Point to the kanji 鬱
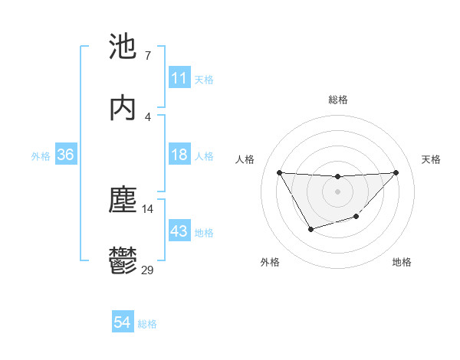[123, 261]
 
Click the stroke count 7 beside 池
[147, 55]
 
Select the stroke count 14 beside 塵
[148, 208]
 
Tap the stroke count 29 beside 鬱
[148, 269]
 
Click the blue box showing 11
[179, 78]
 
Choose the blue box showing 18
[179, 155]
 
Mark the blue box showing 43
[179, 231]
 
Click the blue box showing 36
[66, 155]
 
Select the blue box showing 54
[123, 323]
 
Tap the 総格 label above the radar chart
[337, 100]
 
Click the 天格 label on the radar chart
[431, 159]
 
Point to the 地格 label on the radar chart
[402, 262]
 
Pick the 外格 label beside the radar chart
[270, 262]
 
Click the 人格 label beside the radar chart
[245, 159]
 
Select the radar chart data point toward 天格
[396, 172]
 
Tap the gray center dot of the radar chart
[337, 191]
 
